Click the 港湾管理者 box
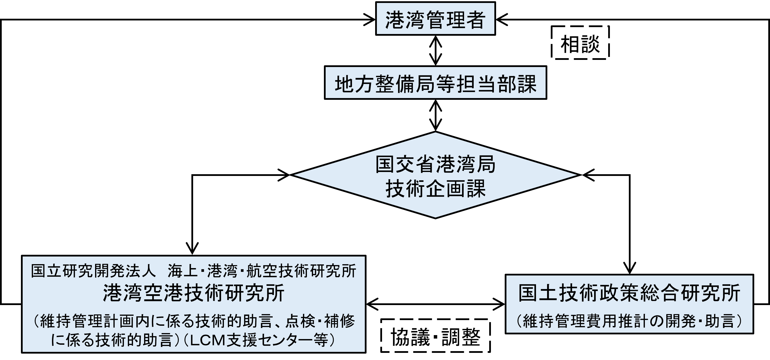(x=435, y=18)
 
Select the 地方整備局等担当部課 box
(x=435, y=83)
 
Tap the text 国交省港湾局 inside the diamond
(x=435, y=164)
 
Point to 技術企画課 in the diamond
(x=435, y=188)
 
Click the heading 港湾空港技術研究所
(x=194, y=293)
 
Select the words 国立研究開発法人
(x=93, y=271)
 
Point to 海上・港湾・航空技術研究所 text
(x=262, y=271)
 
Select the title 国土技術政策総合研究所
(x=629, y=293)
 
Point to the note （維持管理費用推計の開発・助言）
(x=629, y=321)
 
